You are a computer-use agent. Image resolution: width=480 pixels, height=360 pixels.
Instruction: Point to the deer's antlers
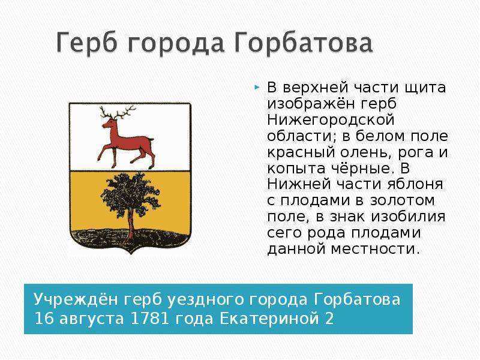118,113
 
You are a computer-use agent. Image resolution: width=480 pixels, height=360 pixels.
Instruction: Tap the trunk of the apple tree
131,223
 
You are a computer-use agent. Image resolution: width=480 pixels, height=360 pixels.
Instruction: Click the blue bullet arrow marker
257,88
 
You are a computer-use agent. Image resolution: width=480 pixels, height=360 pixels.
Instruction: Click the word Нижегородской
331,119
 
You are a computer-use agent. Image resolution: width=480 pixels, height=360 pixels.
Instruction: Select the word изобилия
409,217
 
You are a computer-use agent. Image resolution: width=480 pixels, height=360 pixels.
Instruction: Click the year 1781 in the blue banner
149,319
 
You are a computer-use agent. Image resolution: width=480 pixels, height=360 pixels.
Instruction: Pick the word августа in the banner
92,319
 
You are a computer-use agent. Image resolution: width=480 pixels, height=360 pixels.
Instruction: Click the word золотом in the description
403,200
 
